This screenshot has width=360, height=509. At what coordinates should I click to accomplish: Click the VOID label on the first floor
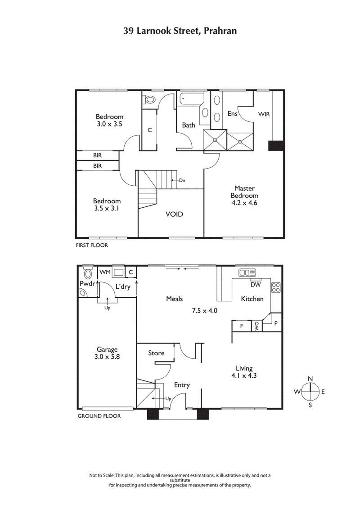(x=174, y=214)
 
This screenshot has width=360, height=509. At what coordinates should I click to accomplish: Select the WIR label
(x=264, y=115)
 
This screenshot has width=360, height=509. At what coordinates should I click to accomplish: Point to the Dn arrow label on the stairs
(x=181, y=180)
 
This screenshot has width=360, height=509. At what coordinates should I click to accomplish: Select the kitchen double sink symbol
(x=247, y=272)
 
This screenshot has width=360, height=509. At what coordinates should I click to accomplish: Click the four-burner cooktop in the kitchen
(x=276, y=286)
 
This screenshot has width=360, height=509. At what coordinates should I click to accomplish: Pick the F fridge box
(x=242, y=326)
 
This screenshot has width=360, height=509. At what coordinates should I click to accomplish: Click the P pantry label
(x=276, y=323)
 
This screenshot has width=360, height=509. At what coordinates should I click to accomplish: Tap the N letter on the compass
(x=310, y=379)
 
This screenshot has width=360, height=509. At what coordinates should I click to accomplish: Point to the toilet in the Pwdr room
(x=88, y=274)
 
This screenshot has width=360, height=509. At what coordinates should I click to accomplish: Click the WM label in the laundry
(x=105, y=272)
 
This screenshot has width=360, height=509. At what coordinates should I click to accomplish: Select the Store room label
(x=156, y=353)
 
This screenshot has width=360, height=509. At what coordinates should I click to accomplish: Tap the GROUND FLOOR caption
(x=99, y=416)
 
